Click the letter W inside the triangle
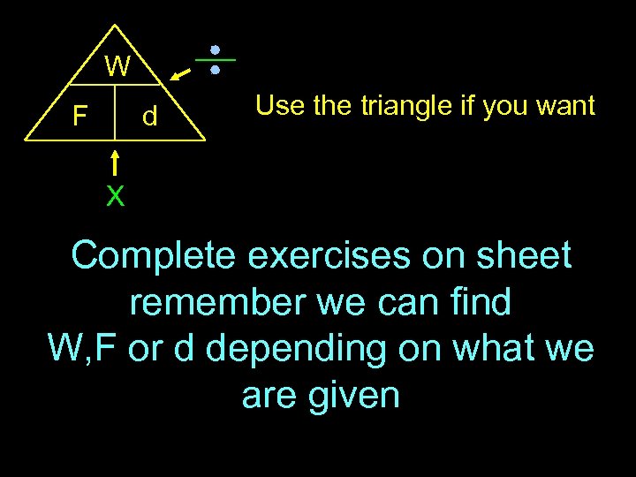[117, 67]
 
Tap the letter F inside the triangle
[79, 116]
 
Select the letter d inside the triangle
[150, 116]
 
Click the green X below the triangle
[115, 196]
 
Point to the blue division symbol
[215, 59]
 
